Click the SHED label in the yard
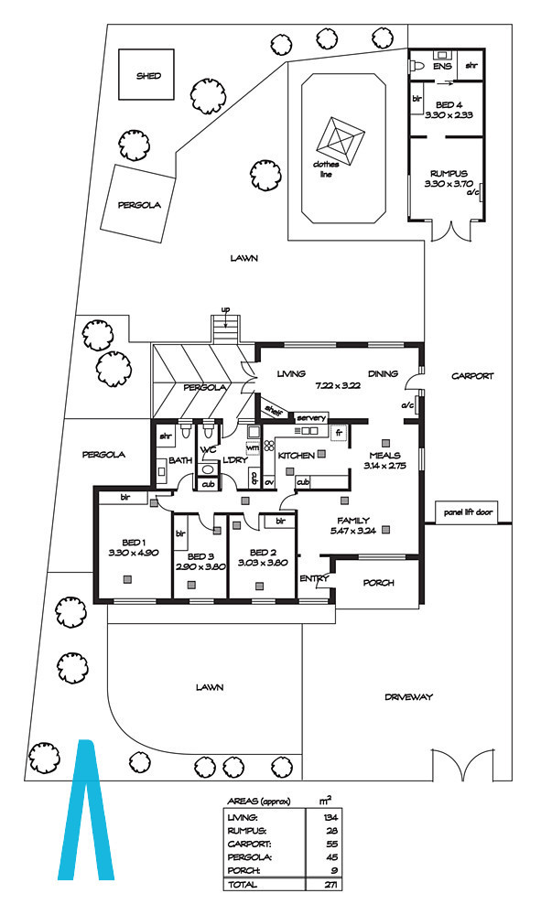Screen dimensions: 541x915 pos(148,76)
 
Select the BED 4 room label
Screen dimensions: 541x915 pos(445,104)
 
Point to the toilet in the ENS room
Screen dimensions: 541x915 pos(417,67)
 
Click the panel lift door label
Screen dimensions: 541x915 pos(468,512)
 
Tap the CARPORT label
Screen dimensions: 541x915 pos(472,376)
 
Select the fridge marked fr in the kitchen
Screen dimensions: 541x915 pos(339,433)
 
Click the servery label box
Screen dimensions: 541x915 pos(311,418)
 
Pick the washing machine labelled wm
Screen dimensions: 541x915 pos(253,447)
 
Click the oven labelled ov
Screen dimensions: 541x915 pos(269,482)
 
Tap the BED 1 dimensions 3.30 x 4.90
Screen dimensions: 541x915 pos(134,553)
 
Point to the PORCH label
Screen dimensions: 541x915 pos(378,583)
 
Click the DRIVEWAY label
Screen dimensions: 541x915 pos(408,696)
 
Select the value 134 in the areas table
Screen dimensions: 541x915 pos(330,818)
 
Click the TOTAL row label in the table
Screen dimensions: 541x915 pos(243,885)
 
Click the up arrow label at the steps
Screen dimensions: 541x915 pos(225,308)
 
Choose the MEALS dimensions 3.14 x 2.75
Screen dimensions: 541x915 pos(384,466)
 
